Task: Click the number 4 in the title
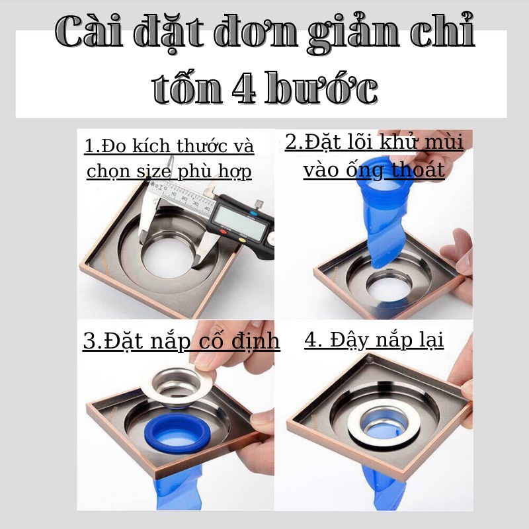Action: (x=243, y=88)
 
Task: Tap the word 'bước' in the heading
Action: (x=321, y=87)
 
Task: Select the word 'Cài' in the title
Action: (x=89, y=30)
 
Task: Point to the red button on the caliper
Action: (x=224, y=232)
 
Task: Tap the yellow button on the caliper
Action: (x=242, y=240)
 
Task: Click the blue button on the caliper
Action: (x=253, y=214)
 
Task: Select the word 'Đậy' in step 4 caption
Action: (x=348, y=340)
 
